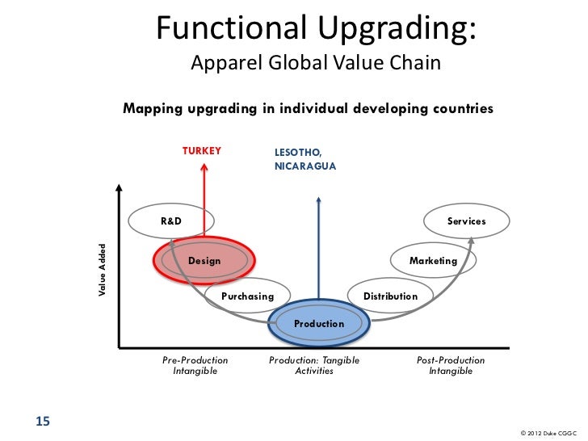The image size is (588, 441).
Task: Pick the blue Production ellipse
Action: coord(319,324)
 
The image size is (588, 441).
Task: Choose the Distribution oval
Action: coord(390,297)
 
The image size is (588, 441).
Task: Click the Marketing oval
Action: coord(433,262)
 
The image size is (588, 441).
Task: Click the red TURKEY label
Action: coord(201,150)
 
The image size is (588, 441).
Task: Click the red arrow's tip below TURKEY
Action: coord(205,166)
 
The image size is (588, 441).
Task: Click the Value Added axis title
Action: coord(102,269)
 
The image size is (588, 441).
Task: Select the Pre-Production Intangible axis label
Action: coord(195,366)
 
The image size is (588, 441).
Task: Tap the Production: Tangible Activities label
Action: coord(314,366)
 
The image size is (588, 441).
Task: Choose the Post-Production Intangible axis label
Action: coord(451,366)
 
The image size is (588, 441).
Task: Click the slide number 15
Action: coord(43,420)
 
